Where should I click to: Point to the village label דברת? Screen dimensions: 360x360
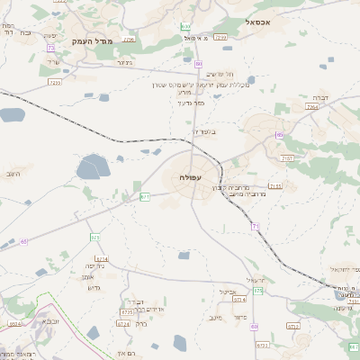pos(319,96)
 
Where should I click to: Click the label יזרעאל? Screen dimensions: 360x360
pos(256,280)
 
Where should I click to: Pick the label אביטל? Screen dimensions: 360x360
pos(227,292)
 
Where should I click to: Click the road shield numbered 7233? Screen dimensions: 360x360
pos(55,83)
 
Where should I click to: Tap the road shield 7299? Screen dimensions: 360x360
pos(220,37)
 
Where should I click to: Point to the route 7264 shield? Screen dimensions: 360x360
pos(312,106)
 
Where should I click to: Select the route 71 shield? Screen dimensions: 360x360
pos(256,226)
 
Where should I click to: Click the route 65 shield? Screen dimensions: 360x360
pos(24,241)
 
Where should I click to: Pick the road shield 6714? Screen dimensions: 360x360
pos(101,258)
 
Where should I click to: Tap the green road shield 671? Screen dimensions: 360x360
pos(145,196)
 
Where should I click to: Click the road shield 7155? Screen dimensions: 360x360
pos(274,185)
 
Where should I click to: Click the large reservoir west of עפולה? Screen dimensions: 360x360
pos(93,166)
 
